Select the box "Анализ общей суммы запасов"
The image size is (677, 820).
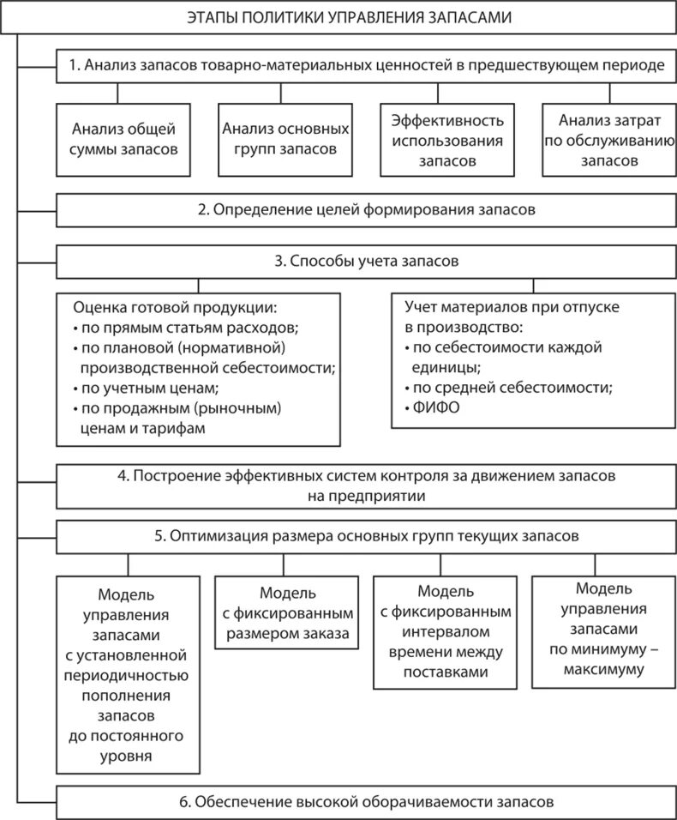[124, 139]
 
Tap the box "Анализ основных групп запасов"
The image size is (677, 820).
[285, 139]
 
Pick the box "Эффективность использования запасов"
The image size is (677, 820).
[446, 139]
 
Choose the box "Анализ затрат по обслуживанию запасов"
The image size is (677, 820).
[609, 139]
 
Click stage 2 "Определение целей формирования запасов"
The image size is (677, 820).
[367, 209]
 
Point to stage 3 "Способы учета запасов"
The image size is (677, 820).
[367, 261]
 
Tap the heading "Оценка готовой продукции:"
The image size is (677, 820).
[176, 306]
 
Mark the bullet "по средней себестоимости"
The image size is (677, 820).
[512, 388]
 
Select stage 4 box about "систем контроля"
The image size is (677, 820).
[367, 485]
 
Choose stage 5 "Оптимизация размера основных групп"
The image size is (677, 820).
[367, 537]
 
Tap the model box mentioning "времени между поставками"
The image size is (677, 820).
[445, 633]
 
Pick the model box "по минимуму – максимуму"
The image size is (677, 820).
[603, 630]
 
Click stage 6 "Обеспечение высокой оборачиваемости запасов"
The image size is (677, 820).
[367, 802]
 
